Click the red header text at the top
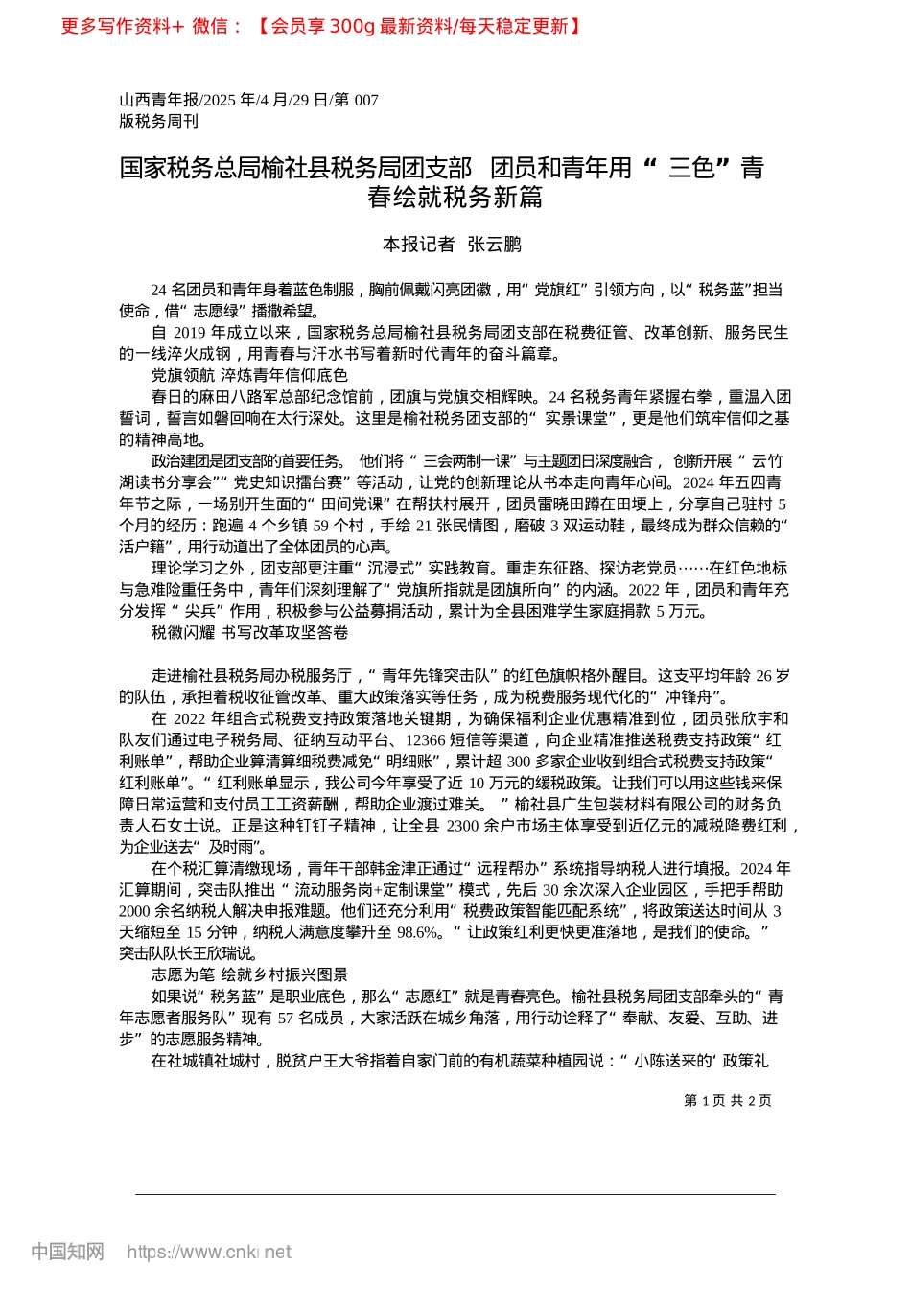pos(321,26)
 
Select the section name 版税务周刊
pos(158,121)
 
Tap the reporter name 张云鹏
pos(494,245)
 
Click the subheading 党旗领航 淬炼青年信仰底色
pos(249,375)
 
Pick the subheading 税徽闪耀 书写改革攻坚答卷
pos(249,633)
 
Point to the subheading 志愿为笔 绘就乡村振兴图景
pos(249,974)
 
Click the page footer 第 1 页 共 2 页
pos(728,1101)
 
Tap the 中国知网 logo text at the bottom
pos(68,1252)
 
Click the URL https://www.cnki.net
pos(209,1252)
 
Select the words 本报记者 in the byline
pos(418,245)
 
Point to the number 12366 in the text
pos(426,740)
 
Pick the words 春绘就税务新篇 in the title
pos(455,198)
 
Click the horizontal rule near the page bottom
pos(455,1194)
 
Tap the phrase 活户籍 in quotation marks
pos(148,547)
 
